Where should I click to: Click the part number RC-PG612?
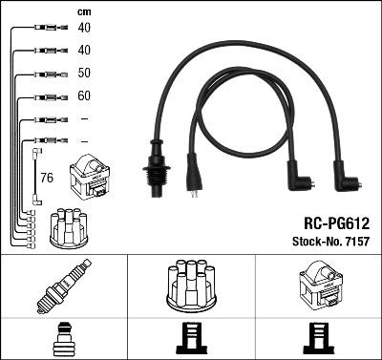coord(336,223)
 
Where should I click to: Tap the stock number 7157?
coord(356,242)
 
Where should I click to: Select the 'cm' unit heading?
coord(84,12)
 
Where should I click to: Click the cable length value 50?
coord(84,73)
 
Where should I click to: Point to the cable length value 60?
coord(84,95)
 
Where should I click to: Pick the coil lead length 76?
coord(47,178)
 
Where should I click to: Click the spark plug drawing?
coord(64,286)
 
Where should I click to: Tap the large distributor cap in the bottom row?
coord(191,286)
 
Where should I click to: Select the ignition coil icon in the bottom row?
coord(321,285)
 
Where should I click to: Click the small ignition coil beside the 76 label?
coord(90,177)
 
